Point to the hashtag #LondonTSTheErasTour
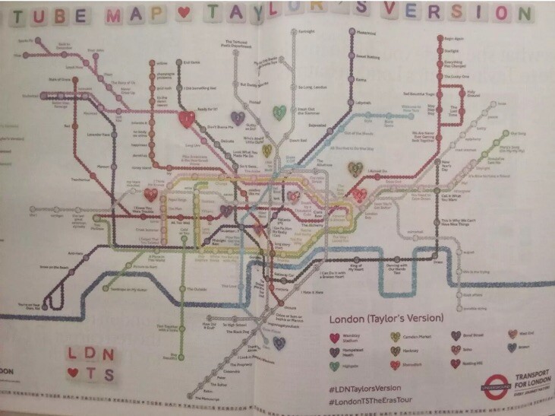pyautogui.click(x=375, y=398)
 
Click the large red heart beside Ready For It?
pyautogui.click(x=185, y=119)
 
